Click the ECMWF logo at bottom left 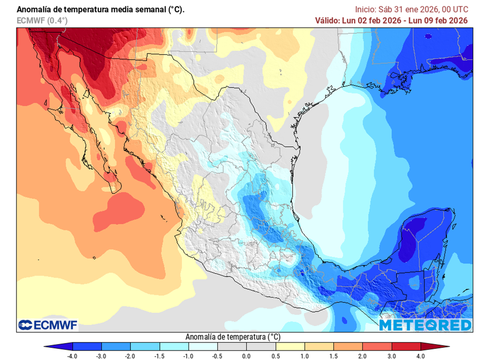pos(48,325)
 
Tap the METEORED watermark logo pos(425,325)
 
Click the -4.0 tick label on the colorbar pos(72,356)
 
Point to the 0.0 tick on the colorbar pos(247,356)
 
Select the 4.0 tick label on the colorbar pos(421,356)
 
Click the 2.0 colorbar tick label pos(363,356)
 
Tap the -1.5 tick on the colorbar pos(160,356)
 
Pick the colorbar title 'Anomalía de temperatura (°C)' pos(233,336)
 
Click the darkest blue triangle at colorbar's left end pos(58,346)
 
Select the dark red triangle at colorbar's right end pos(435,346)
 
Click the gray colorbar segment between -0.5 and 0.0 pos(232,346)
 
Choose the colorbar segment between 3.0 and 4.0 pos(406,346)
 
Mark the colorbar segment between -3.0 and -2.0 pos(116,346)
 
